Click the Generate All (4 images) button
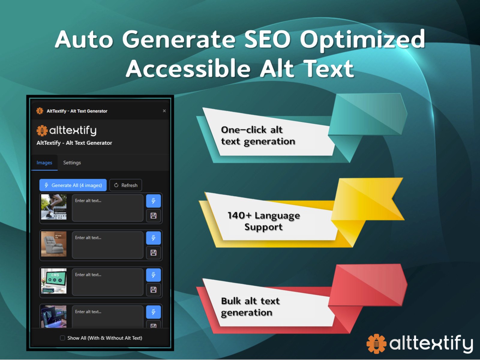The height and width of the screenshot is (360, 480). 73,185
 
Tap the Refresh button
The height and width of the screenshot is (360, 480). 126,185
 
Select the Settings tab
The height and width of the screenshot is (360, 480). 72,163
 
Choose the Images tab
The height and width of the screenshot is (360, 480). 44,163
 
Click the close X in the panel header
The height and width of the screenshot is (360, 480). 164,111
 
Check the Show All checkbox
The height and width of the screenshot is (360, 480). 62,338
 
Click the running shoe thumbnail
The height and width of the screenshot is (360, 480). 54,207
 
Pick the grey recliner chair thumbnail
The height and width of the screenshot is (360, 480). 54,244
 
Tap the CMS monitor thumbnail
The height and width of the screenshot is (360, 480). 54,281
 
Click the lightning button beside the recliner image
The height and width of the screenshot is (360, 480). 153,238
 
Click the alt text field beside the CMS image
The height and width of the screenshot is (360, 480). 107,282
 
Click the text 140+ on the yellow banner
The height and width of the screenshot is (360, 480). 239,215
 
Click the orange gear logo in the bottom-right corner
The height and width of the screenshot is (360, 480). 376,343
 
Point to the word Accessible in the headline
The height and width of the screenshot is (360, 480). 188,69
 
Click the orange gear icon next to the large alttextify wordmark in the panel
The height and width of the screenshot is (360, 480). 42,130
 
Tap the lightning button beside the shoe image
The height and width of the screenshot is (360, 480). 153,201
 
